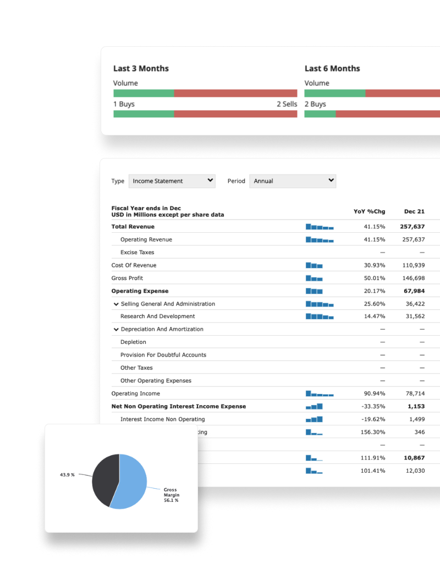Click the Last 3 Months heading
point(141,68)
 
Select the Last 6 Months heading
point(332,68)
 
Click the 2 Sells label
point(287,104)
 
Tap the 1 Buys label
point(124,104)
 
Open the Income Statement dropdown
point(172,181)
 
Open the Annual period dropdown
point(293,181)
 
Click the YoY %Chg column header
point(369,211)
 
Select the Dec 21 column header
point(414,211)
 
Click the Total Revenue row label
point(133,227)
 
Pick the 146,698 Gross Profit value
point(414,278)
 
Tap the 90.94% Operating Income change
point(374,393)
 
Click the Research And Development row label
point(157,316)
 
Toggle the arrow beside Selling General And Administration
point(116,304)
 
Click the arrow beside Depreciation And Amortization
point(116,329)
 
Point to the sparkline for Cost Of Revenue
point(314,265)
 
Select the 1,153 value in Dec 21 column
point(416,406)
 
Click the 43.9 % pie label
point(67,474)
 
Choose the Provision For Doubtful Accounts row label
point(163,355)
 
